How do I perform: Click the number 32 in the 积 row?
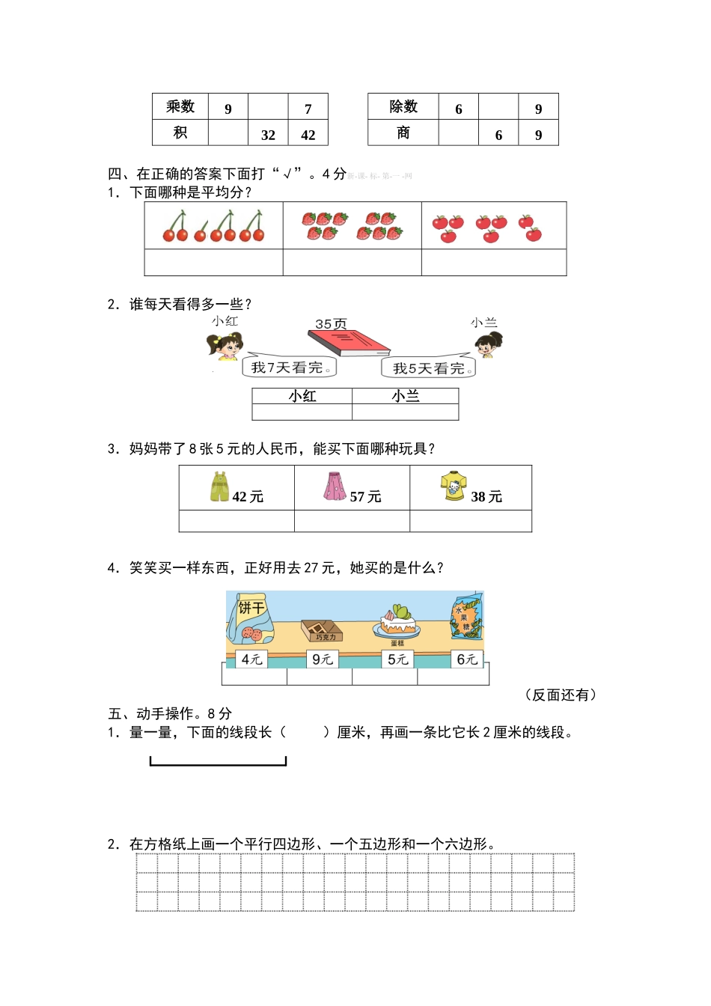(268, 135)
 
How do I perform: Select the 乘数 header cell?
(180, 107)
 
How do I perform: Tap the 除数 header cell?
(403, 107)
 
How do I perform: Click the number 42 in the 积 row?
(308, 135)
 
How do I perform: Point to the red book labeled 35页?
(349, 342)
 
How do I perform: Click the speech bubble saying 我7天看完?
(290, 367)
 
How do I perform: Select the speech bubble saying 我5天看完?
(429, 367)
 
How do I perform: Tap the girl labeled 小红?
(224, 345)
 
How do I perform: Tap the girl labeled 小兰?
(489, 345)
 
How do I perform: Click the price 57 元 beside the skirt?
(365, 497)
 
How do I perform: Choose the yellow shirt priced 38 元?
(454, 486)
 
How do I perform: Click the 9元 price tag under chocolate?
(323, 659)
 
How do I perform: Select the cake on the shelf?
(398, 621)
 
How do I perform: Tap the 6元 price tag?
(468, 659)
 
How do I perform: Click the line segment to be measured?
(218, 763)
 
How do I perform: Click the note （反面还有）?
(561, 695)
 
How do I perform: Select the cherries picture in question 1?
(214, 226)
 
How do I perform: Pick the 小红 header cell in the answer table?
(302, 396)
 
